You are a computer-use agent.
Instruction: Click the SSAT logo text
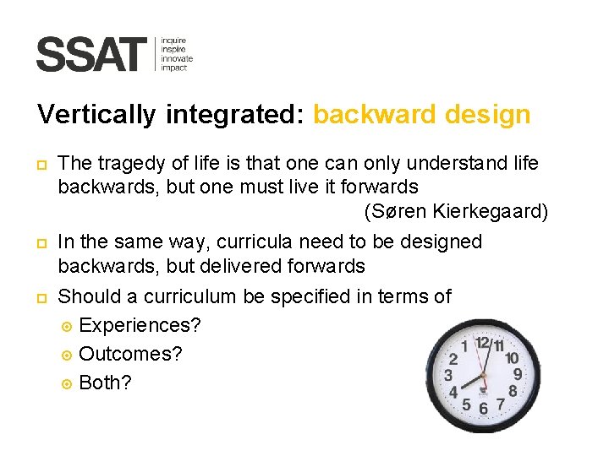[x=91, y=55]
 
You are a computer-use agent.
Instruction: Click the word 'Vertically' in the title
[x=96, y=115]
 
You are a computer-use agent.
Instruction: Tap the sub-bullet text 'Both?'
[x=105, y=383]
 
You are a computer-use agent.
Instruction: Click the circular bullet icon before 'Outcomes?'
[x=68, y=355]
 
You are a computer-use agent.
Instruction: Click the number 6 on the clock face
[x=483, y=408]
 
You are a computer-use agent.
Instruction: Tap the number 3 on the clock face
[x=448, y=373]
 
